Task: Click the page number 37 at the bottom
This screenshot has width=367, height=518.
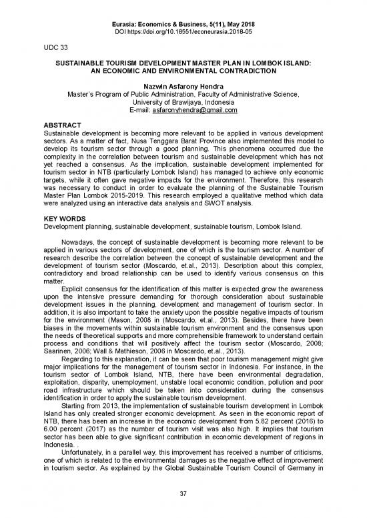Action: tap(183, 497)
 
